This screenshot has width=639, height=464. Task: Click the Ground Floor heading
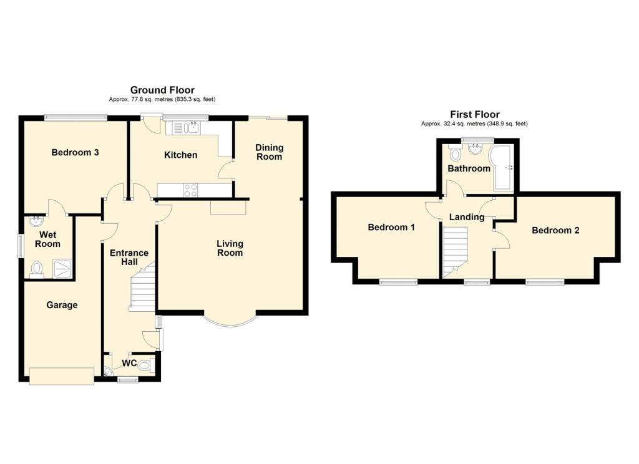pos(162,90)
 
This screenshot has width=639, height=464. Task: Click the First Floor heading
pos(474,114)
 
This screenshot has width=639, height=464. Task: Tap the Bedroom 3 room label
pos(76,152)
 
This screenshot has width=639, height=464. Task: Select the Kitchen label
pos(180,155)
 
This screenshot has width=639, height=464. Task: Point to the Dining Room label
pos(270,152)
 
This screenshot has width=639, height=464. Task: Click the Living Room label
pos(230,248)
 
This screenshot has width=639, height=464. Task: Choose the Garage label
pos(62,305)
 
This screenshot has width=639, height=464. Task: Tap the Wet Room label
pos(48,239)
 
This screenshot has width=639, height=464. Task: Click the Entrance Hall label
pos(129,258)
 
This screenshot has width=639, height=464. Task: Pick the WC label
pos(129,363)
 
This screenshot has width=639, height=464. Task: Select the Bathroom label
pos(469,168)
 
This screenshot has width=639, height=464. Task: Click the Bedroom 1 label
pos(391,228)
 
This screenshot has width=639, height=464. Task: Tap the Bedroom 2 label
pos(555,230)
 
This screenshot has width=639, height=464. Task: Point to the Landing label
pos(467,217)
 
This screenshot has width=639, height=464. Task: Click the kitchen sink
pos(185,128)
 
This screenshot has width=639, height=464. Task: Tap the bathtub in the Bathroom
pos(502,167)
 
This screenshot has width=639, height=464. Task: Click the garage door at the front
pos(62,375)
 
